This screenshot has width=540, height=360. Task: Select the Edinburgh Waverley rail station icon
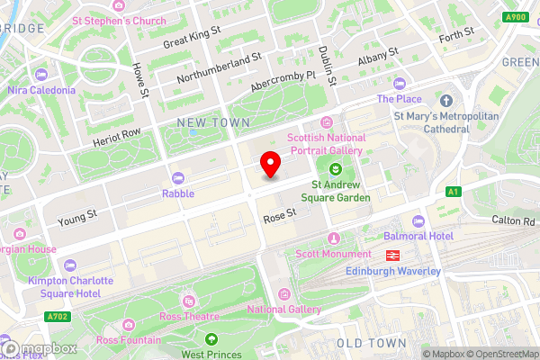click(x=392, y=255)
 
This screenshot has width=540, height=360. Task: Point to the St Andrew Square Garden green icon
click(x=335, y=169)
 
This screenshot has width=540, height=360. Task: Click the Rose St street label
click(x=280, y=218)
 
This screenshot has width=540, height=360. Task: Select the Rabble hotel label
click(x=177, y=193)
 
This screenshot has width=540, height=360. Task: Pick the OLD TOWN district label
click(x=365, y=343)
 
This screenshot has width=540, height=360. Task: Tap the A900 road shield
click(x=515, y=16)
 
